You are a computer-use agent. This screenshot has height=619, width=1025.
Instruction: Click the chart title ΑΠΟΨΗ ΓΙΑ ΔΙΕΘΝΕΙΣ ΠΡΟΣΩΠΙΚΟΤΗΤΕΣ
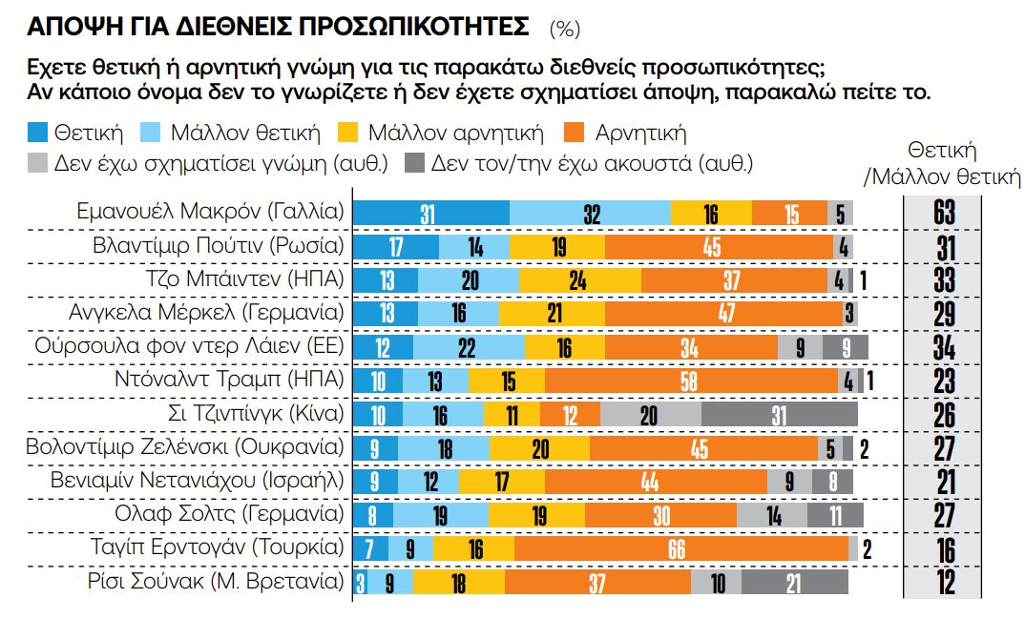click(277, 28)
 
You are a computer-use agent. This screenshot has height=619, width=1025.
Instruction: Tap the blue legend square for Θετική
click(37, 133)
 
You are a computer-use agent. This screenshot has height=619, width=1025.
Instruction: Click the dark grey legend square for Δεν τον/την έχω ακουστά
click(415, 162)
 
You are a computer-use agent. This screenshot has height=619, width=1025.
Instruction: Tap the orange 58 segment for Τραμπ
click(691, 381)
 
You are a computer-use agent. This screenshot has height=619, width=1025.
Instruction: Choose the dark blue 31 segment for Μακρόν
click(430, 213)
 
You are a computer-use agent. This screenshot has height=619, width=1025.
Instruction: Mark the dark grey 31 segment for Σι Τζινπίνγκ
click(779, 414)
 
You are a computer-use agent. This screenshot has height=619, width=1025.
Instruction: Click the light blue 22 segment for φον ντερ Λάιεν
click(468, 347)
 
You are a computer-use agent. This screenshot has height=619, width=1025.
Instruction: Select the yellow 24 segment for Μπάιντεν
click(580, 280)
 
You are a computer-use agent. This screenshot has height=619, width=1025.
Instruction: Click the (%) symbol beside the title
click(564, 30)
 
